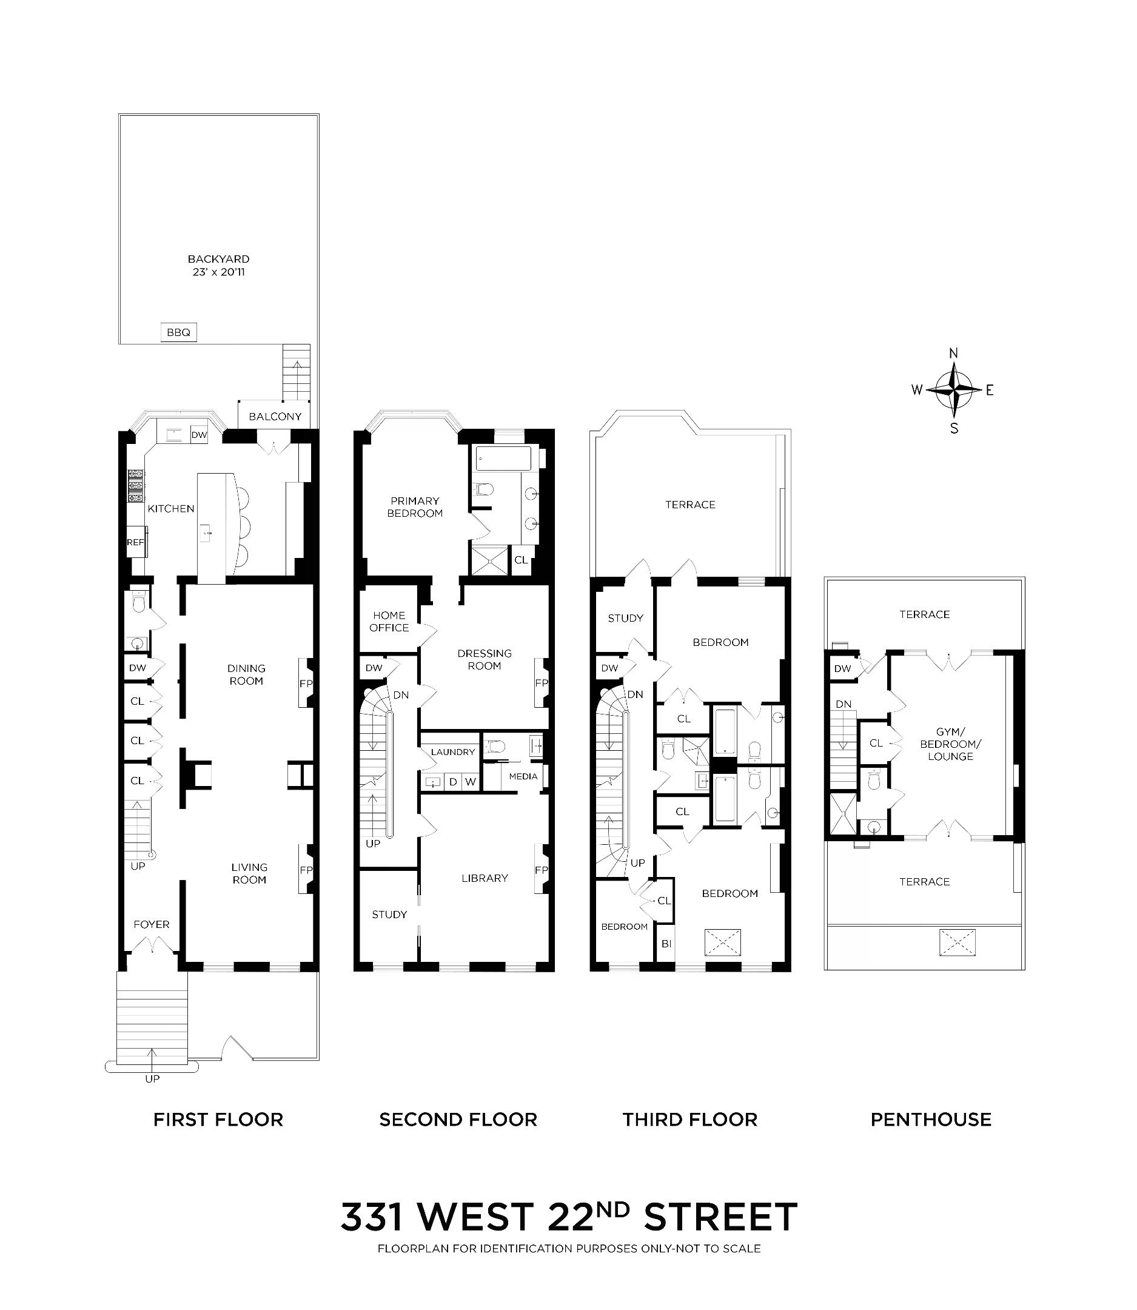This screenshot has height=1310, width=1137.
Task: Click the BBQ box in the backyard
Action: (x=178, y=332)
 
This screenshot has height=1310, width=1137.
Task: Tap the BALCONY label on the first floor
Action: (x=275, y=417)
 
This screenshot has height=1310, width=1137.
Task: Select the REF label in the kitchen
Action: (x=135, y=543)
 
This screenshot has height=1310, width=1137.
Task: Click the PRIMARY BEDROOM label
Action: (x=415, y=507)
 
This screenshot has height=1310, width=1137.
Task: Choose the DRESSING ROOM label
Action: (x=484, y=659)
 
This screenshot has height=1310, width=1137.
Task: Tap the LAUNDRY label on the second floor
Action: (x=452, y=752)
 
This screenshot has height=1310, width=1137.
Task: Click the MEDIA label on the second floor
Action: (x=523, y=776)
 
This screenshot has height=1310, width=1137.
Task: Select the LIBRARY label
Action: (x=485, y=878)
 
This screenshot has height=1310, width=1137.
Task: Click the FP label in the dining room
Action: (x=306, y=684)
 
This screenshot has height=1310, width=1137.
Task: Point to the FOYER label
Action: (x=152, y=925)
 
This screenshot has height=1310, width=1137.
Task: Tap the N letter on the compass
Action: (x=953, y=354)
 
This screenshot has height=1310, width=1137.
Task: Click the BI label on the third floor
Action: (x=666, y=944)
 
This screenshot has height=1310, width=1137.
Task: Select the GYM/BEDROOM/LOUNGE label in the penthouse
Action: (x=950, y=744)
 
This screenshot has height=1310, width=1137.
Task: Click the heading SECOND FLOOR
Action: (x=458, y=1120)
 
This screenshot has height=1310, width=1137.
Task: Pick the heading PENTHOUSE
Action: (x=931, y=1120)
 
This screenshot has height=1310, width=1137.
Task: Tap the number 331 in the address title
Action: (x=371, y=1217)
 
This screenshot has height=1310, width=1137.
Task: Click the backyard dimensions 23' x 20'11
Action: (x=219, y=272)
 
